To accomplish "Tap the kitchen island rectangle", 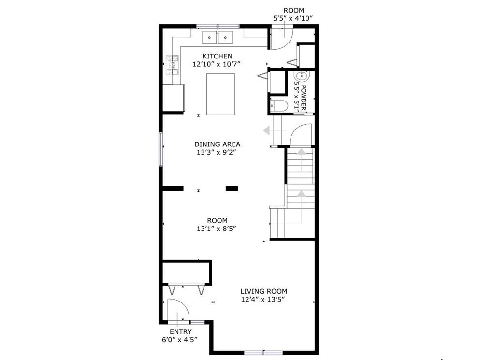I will (220, 94).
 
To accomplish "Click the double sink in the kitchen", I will (218, 36).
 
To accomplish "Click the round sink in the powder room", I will (302, 76).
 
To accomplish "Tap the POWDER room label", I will (304, 97).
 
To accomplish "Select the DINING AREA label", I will (217, 144).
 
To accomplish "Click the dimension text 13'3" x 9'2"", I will (217, 152).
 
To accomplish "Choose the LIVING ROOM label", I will (264, 291).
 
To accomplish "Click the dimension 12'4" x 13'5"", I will (264, 300).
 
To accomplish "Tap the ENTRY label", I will (180, 331).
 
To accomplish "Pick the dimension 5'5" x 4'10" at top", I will (293, 18).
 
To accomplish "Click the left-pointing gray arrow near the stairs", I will (267, 130).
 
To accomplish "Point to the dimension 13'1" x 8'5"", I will (217, 229).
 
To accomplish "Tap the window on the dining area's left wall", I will (161, 149).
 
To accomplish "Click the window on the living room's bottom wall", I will (263, 352).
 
